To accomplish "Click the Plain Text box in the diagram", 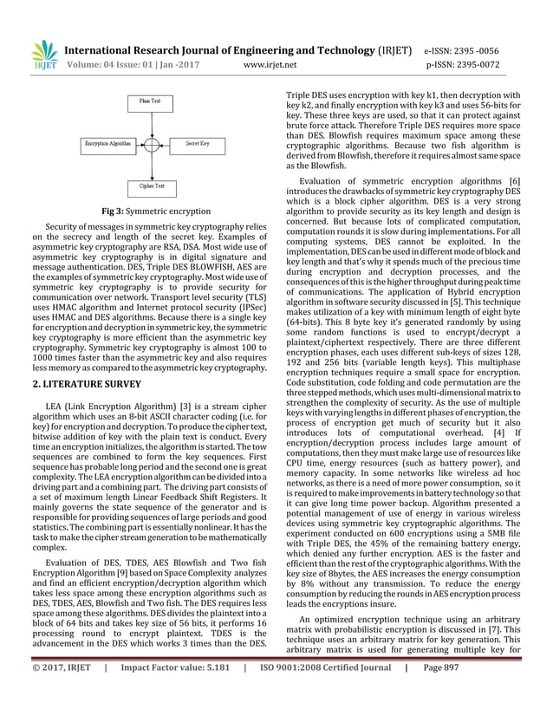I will coord(150,101).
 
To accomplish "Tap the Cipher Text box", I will coord(151,186).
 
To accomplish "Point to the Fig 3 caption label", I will coord(115,212).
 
